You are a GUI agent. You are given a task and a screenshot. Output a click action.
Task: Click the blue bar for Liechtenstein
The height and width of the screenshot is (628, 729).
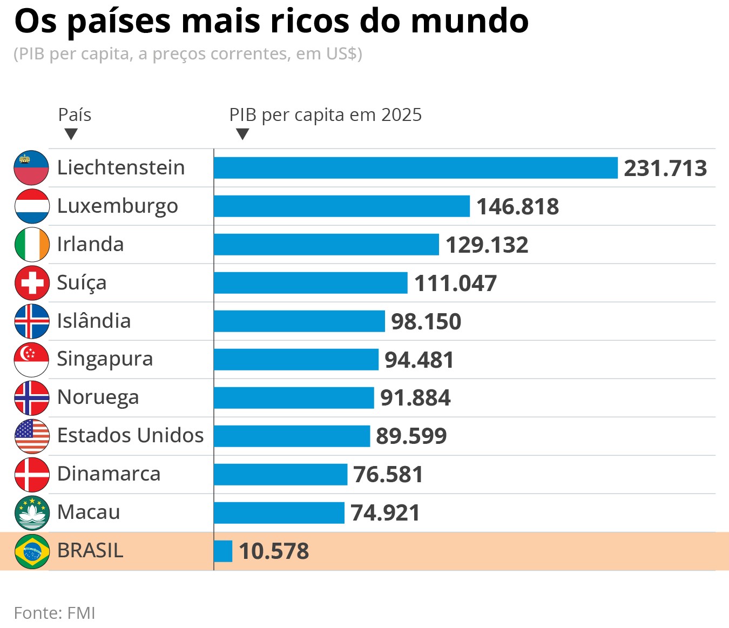(415, 168)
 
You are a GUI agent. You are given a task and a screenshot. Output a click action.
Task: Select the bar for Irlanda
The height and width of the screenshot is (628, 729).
(326, 245)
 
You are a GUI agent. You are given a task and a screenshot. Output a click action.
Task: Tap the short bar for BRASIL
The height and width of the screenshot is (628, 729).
(223, 551)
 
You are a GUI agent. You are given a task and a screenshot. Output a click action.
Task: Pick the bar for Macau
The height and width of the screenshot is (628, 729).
(279, 513)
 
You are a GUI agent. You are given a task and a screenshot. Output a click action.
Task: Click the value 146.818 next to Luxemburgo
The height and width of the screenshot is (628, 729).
(517, 207)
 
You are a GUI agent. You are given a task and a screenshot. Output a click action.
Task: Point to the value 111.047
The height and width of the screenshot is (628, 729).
(455, 283)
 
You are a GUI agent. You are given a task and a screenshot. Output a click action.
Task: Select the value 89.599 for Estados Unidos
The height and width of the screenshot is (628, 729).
(411, 436)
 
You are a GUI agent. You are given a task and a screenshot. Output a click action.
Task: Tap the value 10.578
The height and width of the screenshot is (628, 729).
(274, 551)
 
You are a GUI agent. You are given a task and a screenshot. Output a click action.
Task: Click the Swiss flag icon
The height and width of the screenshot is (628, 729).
(32, 283)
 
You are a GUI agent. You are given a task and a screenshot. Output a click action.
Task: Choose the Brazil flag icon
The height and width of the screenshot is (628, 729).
(32, 551)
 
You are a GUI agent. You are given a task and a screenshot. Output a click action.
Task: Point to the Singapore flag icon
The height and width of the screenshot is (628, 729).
(32, 360)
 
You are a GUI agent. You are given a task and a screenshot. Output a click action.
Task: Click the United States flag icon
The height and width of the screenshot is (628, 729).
(32, 436)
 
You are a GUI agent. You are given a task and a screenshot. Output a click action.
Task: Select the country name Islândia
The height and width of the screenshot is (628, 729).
(94, 321)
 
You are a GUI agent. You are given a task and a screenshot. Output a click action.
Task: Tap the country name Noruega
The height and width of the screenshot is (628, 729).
(98, 398)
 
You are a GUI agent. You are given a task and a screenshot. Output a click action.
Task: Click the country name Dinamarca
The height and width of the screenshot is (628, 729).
(109, 474)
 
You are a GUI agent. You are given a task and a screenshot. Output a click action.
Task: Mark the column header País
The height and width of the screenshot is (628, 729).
(75, 115)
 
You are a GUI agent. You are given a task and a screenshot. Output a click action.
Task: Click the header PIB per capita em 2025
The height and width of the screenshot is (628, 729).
(325, 115)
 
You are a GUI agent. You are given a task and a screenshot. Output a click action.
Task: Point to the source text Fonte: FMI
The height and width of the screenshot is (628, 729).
(55, 613)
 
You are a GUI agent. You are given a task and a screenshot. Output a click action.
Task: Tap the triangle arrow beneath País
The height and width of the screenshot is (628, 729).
(71, 134)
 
